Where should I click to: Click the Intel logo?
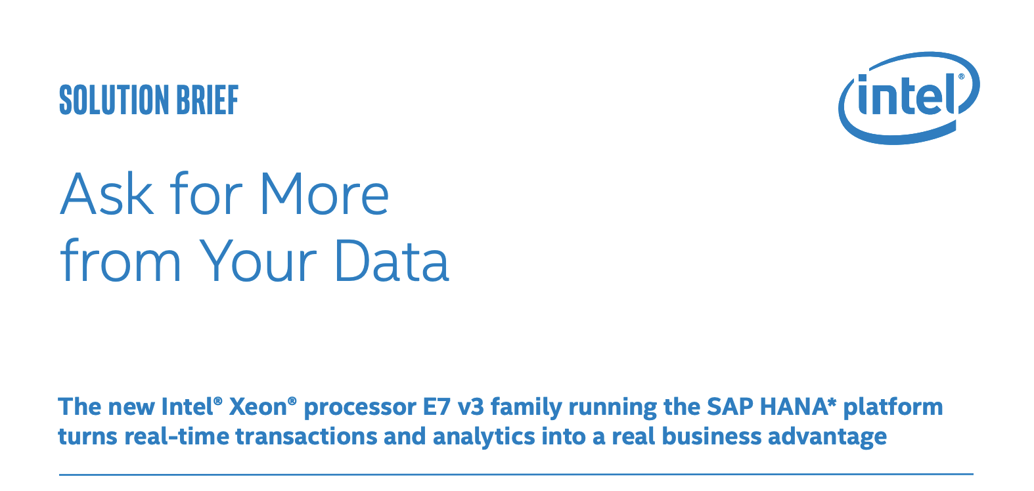(909, 98)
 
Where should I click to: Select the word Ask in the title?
(106, 194)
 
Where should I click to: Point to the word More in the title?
(325, 194)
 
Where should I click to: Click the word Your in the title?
(259, 261)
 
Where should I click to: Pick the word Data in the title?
(392, 261)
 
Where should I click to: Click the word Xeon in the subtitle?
(258, 407)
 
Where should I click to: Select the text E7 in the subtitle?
(436, 407)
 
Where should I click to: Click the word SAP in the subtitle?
(730, 407)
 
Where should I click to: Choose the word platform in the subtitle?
(893, 408)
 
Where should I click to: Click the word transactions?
(307, 437)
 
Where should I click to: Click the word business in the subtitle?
(711, 437)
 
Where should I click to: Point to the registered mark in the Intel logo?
(962, 77)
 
